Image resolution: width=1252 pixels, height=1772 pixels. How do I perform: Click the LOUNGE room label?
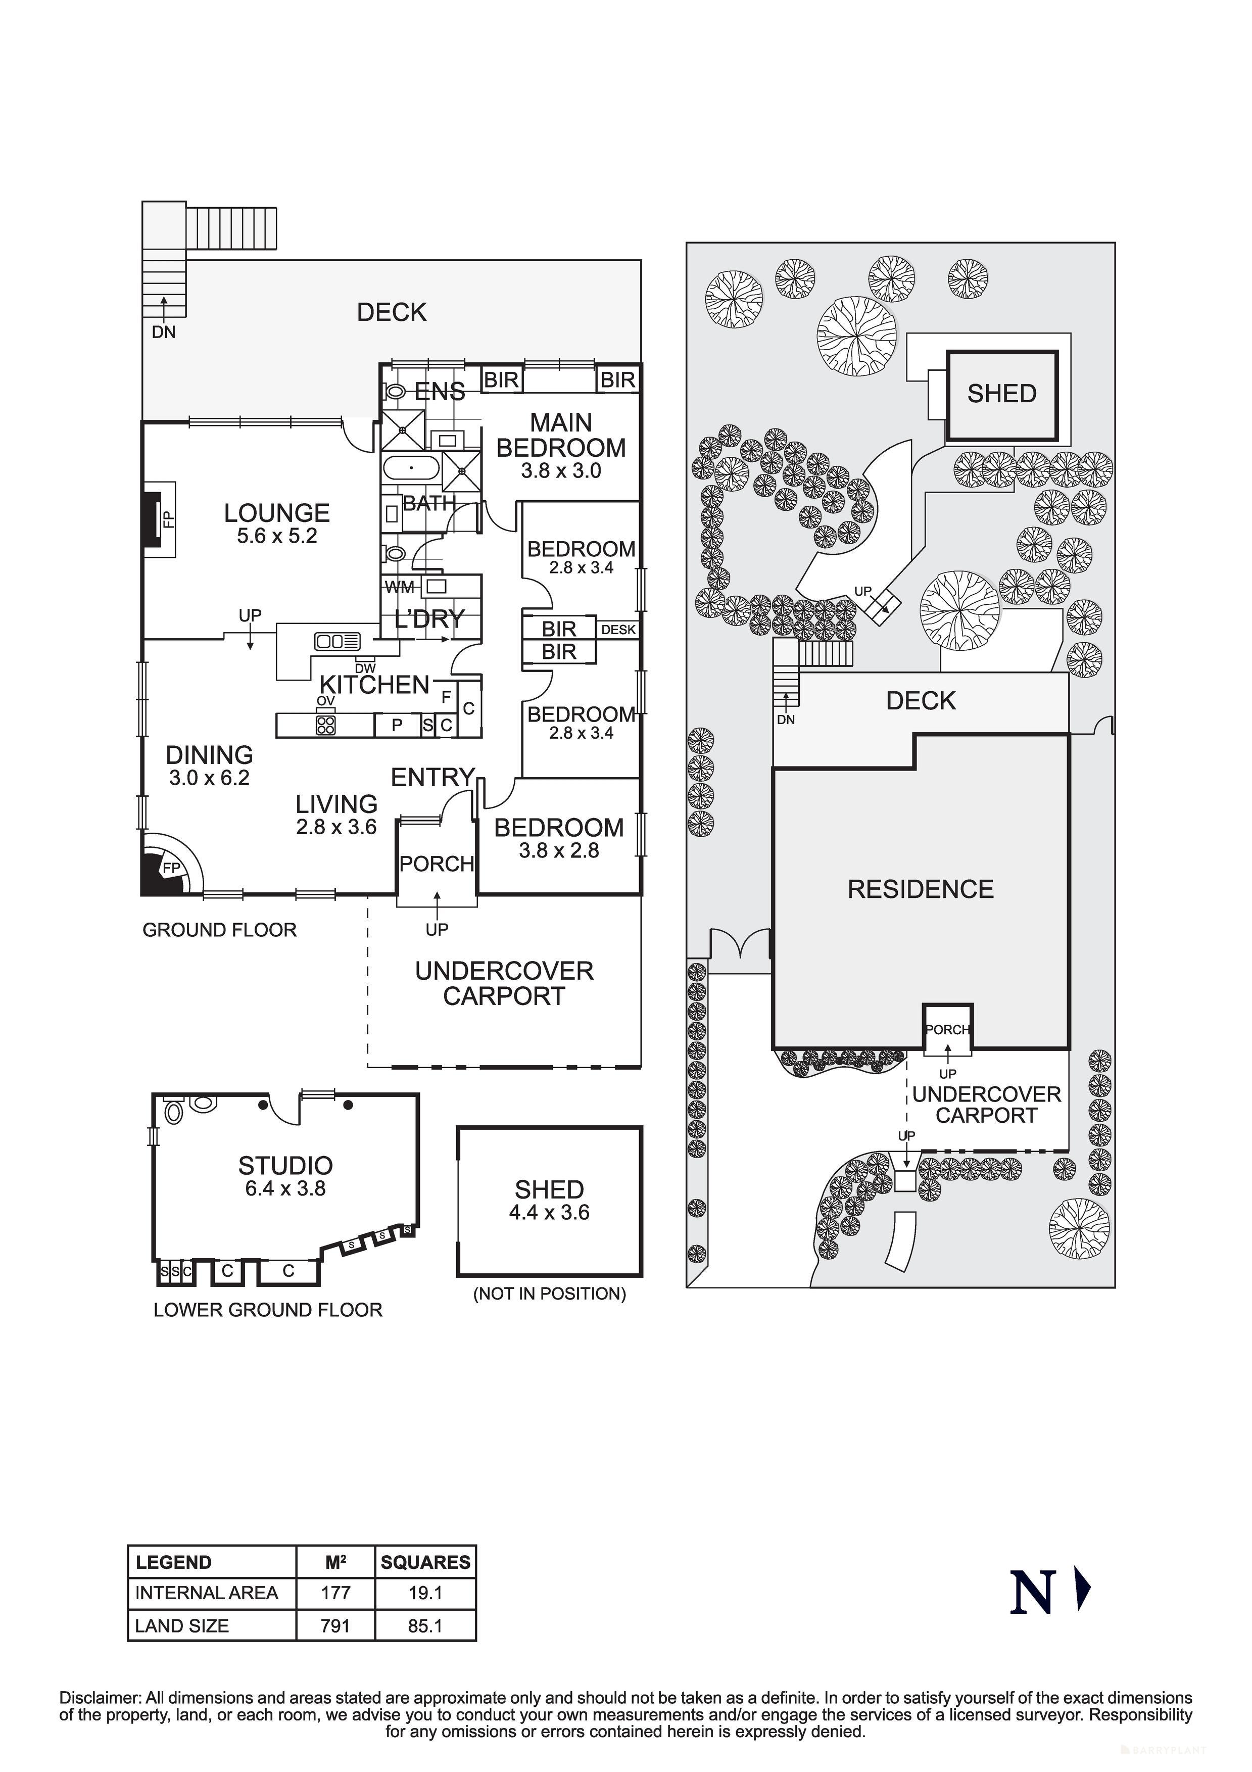tap(276, 513)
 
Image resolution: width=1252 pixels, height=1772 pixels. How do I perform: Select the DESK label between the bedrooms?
tap(618, 630)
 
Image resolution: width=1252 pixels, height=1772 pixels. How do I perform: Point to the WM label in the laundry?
tap(399, 587)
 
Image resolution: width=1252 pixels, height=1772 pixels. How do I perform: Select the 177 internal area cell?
tap(336, 1593)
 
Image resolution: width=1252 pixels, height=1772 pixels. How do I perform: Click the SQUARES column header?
tap(425, 1562)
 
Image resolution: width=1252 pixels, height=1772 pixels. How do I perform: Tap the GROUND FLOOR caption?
tap(219, 930)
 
